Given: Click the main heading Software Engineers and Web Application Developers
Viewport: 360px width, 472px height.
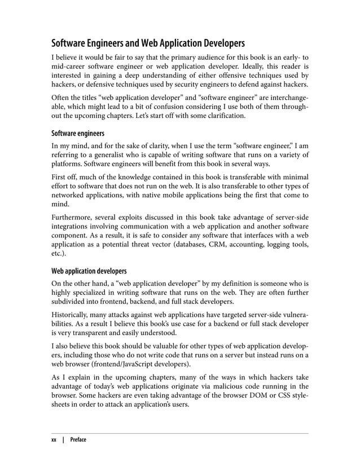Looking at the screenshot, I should [x=148, y=43].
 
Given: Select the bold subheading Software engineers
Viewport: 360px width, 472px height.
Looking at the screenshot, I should [x=78, y=134].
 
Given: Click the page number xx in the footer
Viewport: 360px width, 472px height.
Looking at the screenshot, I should [x=55, y=440].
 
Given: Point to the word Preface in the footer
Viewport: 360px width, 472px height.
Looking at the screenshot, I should [x=78, y=440].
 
